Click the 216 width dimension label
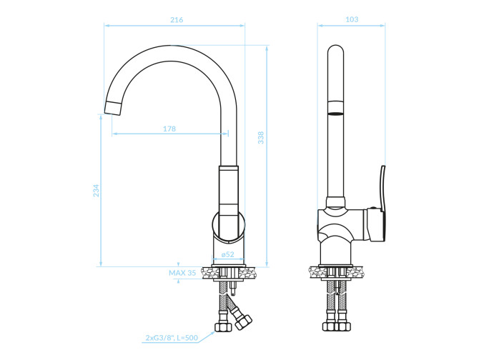pos(177,20)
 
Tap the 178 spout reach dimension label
pos(169,129)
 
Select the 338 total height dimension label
pos(260,138)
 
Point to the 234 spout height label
pos(97,191)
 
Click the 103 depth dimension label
pos(352,19)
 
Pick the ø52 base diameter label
pos(227,254)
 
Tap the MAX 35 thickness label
pos(182,273)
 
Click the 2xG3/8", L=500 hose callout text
pos(172,338)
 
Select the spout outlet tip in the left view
pos(113,108)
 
